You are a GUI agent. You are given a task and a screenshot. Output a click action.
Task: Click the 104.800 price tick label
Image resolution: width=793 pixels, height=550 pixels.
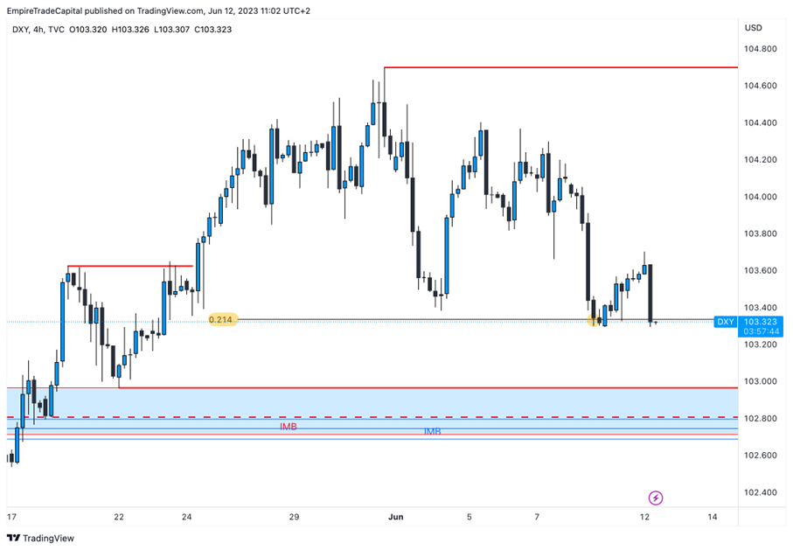click(x=761, y=49)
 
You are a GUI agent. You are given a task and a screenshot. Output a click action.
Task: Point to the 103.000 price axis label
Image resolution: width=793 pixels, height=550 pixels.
click(x=761, y=381)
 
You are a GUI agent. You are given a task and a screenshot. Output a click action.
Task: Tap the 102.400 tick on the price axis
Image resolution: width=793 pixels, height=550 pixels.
click(x=761, y=492)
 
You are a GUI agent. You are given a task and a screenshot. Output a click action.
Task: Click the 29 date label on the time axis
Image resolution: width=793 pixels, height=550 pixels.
click(x=295, y=518)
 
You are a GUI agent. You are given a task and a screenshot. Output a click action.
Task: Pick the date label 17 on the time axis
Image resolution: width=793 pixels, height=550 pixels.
click(x=11, y=518)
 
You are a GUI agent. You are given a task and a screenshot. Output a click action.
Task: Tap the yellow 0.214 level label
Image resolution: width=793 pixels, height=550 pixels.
click(x=221, y=320)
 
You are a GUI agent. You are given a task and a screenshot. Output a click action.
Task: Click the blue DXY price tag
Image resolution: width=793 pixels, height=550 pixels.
click(x=726, y=322)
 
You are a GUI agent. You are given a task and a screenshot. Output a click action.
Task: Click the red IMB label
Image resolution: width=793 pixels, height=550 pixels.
click(x=288, y=427)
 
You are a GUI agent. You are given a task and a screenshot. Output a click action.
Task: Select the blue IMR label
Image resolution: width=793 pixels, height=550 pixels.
click(x=432, y=432)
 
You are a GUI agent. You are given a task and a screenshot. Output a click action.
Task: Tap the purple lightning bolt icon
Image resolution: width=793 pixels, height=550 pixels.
click(x=656, y=498)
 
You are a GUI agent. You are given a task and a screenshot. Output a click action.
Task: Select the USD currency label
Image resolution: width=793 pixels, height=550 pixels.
click(x=753, y=28)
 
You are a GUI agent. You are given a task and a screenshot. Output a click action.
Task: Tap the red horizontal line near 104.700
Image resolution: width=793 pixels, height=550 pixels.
click(x=560, y=67)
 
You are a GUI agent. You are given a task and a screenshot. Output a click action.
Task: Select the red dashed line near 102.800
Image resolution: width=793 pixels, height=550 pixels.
click(x=350, y=417)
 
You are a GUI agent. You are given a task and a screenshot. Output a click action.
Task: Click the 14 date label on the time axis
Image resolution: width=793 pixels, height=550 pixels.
click(x=713, y=518)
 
